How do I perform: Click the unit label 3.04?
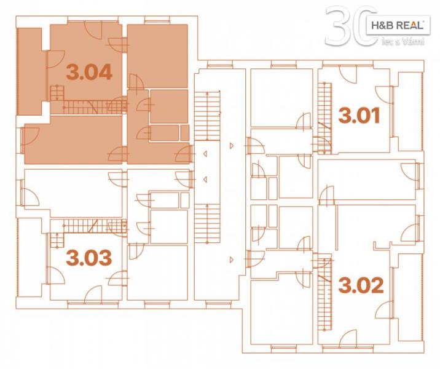click(x=89, y=72)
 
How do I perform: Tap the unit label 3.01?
click(x=359, y=116)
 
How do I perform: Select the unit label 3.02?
click(x=361, y=285)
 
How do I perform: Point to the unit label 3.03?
click(x=89, y=258)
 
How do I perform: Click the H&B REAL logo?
click(x=398, y=26)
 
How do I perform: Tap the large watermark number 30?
click(x=351, y=26)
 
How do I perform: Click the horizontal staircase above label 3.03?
click(x=88, y=226)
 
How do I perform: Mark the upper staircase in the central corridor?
click(x=207, y=116)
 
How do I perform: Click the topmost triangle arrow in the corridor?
click(x=232, y=146)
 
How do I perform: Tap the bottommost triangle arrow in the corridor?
click(x=232, y=260)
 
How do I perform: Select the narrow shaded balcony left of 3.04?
click(x=29, y=71)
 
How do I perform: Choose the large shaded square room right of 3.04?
click(x=157, y=56)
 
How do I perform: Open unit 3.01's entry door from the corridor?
click(x=254, y=146)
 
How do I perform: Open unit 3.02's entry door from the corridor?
click(x=254, y=259)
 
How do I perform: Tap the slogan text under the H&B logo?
click(x=403, y=42)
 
